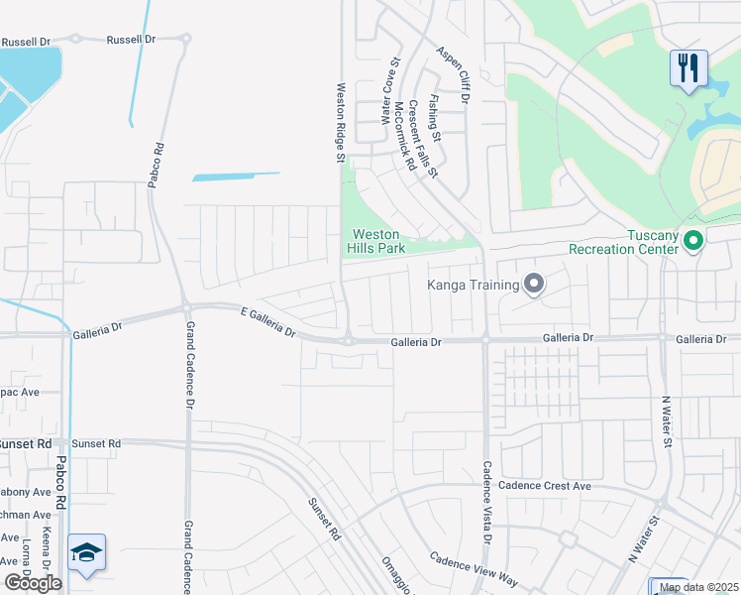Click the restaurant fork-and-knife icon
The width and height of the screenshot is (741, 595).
688,67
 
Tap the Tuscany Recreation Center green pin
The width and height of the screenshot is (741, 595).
693,239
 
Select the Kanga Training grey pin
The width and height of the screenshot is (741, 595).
534,286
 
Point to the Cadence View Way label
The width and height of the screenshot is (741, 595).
474,566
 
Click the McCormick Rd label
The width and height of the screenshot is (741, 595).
403,136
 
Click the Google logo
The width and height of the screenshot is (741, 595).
33,583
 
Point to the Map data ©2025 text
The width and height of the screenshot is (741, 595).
698,587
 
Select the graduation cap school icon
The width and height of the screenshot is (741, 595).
86,551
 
